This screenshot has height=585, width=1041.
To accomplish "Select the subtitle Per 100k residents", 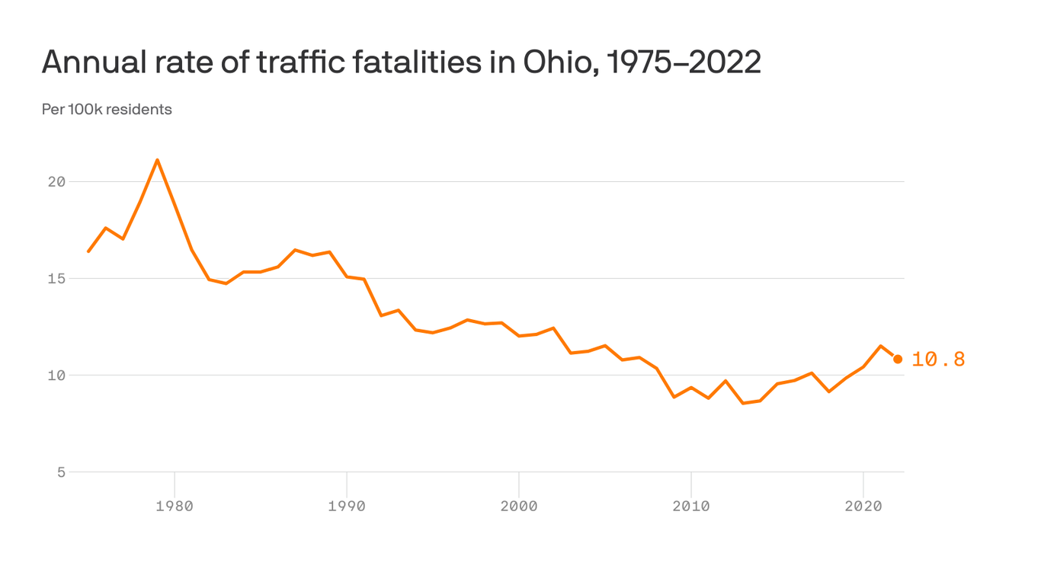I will click(107, 110).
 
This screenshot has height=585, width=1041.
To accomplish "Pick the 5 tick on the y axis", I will click(61, 472).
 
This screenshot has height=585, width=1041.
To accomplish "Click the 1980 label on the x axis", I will click(175, 506).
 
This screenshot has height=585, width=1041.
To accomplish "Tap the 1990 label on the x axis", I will click(347, 506).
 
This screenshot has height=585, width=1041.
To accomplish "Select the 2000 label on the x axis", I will click(519, 506).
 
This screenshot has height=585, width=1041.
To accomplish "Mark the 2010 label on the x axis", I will click(690, 506).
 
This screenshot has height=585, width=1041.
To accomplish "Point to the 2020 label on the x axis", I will click(863, 506).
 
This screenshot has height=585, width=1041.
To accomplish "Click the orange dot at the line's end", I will click(898, 359).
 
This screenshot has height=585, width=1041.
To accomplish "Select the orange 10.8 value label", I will click(938, 360).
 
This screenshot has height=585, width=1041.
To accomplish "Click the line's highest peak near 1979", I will click(157, 160).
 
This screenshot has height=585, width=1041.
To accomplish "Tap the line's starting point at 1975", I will click(88, 251).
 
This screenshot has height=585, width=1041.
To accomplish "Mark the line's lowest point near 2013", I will click(743, 403).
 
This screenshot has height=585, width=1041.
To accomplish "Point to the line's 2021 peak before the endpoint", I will click(880, 346).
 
